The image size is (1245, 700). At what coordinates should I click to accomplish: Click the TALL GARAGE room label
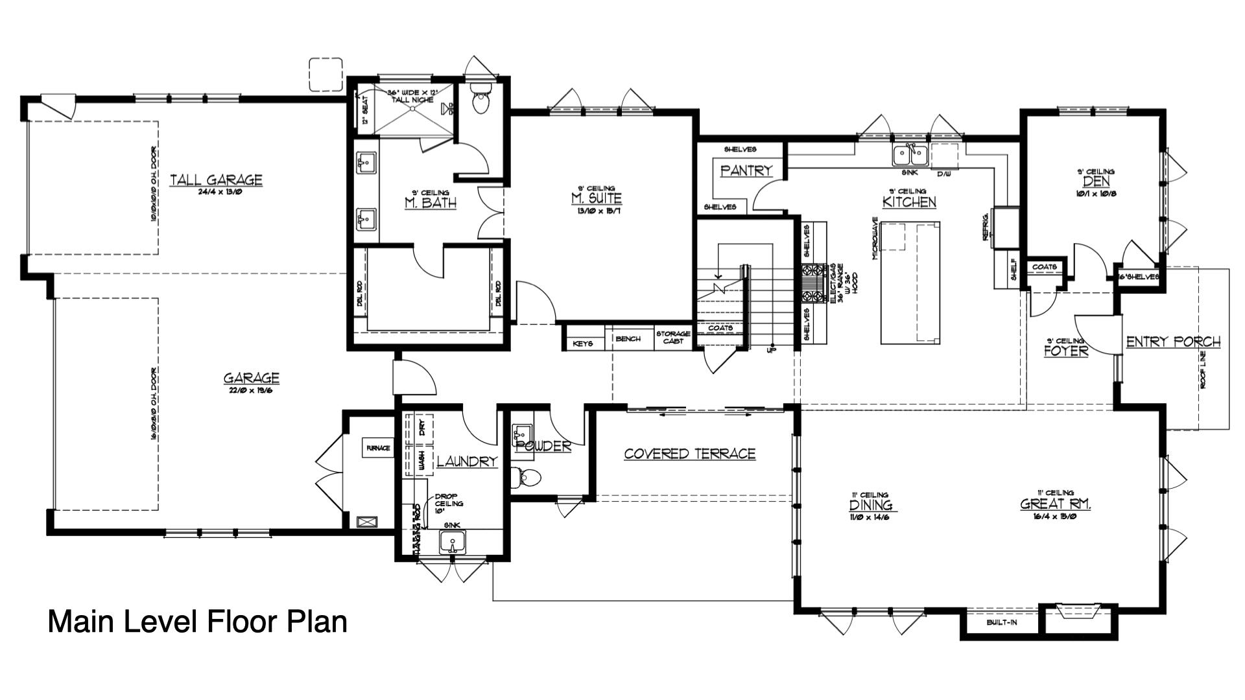(216, 180)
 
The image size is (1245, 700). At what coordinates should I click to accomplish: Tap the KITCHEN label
(909, 202)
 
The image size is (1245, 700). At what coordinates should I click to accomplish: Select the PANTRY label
(746, 170)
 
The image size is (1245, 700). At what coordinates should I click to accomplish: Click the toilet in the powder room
(528, 478)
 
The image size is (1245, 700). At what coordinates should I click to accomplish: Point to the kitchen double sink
(910, 156)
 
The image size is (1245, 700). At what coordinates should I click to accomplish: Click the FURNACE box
(378, 448)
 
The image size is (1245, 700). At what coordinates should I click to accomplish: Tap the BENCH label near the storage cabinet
(628, 338)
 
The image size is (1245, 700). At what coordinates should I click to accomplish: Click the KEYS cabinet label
(583, 343)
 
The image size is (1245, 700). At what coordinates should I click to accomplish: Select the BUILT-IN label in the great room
(1002, 623)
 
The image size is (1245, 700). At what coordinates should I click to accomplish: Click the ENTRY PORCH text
(1173, 342)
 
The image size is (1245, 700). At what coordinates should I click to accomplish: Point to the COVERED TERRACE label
(689, 454)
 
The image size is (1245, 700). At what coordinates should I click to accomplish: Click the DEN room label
(1096, 182)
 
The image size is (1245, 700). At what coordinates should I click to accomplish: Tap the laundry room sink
(452, 542)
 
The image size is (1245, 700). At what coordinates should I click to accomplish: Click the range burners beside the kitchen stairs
(812, 283)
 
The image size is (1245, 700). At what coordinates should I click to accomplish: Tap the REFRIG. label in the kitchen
(986, 227)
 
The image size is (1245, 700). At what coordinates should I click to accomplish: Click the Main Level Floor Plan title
(198, 621)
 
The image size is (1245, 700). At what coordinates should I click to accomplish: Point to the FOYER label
(1065, 351)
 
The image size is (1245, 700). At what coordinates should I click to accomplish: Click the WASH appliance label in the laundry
(421, 461)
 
